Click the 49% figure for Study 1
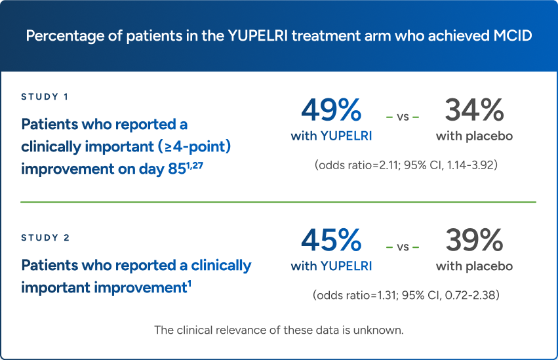[331, 110]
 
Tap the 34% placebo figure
[474, 110]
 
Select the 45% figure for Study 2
[331, 241]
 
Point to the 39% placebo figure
[474, 241]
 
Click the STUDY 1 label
[45, 97]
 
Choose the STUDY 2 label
[45, 238]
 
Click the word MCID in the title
[511, 35]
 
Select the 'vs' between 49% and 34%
[403, 117]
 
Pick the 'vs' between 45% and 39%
[403, 247]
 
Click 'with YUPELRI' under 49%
[331, 136]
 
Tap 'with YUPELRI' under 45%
[331, 266]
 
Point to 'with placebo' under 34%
[474, 136]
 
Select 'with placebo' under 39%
[474, 266]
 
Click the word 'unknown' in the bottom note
[380, 330]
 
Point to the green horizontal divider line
[279, 202]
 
